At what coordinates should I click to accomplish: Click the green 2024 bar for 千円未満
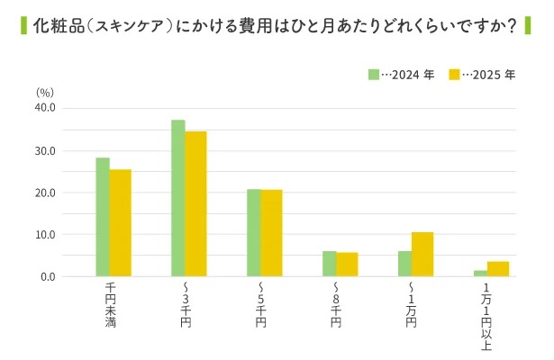[x=103, y=218]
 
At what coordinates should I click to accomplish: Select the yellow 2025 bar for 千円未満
[x=121, y=223]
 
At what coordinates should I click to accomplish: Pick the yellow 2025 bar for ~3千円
[x=196, y=204]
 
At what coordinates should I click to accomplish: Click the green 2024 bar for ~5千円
[x=254, y=233]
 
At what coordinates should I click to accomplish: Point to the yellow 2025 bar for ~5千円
[x=271, y=233]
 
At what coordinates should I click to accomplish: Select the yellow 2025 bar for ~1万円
[x=422, y=255]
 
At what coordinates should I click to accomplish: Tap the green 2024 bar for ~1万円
[x=404, y=264]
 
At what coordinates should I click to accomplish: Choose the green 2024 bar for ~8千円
[x=330, y=264]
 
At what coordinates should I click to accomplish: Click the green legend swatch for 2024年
[x=373, y=74]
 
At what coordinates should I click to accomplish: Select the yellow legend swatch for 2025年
[x=454, y=74]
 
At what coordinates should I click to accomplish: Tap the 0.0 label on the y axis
[x=48, y=277]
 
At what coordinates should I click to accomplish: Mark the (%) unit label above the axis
[x=45, y=92]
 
